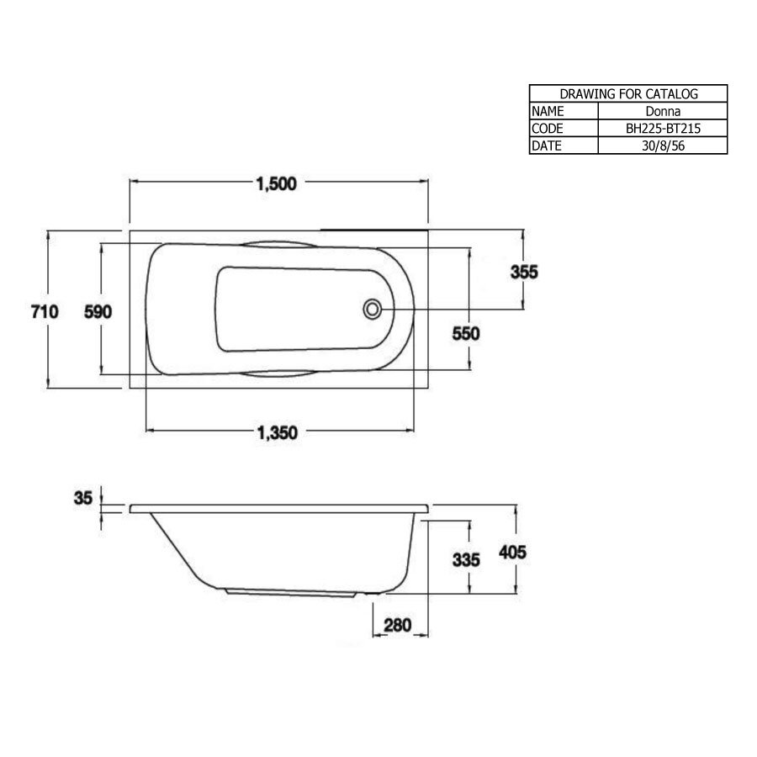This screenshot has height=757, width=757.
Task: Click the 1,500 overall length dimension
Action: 277,186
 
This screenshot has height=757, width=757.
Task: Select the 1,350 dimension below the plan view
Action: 277,433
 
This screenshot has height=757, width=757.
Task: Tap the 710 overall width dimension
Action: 44,311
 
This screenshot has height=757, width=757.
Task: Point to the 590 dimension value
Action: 98,311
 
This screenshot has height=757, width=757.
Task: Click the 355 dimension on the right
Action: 523,272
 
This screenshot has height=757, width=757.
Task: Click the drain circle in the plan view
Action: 371,309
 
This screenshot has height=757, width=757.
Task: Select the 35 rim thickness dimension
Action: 82,498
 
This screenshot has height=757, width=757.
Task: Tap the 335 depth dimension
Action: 465,559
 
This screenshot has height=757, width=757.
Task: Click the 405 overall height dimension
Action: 512,553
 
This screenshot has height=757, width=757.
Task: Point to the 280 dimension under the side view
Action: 397,625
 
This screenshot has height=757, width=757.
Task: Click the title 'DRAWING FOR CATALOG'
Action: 628,94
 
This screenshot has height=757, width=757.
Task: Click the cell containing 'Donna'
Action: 662,111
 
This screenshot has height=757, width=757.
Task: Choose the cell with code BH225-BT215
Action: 662,129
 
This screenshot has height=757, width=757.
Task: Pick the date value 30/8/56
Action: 662,146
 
